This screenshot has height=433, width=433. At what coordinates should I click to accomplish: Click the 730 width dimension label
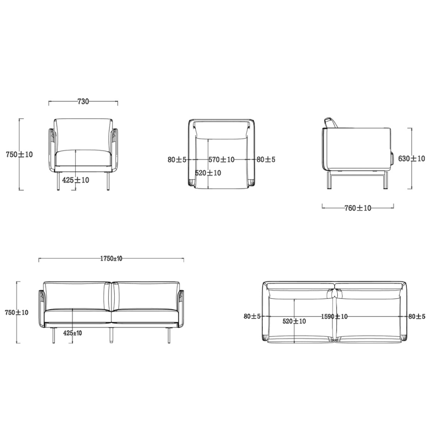pos(83,101)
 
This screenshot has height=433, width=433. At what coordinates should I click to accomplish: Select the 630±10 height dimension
pos(411,158)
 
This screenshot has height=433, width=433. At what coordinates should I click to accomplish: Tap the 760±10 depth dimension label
pos(358,208)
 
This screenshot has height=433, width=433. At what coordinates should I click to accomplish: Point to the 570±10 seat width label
pos(221,159)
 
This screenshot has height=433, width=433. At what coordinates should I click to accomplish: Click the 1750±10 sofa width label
pos(111,259)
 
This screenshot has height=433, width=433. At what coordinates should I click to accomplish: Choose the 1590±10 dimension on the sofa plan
pos(334,317)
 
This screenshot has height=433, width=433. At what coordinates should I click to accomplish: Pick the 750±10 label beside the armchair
pos(19,155)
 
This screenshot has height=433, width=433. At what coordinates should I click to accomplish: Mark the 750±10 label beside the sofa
pos(16,312)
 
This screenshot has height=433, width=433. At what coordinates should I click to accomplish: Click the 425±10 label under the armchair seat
pos(76,180)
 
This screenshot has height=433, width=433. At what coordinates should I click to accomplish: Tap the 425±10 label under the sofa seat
pos(73,333)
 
